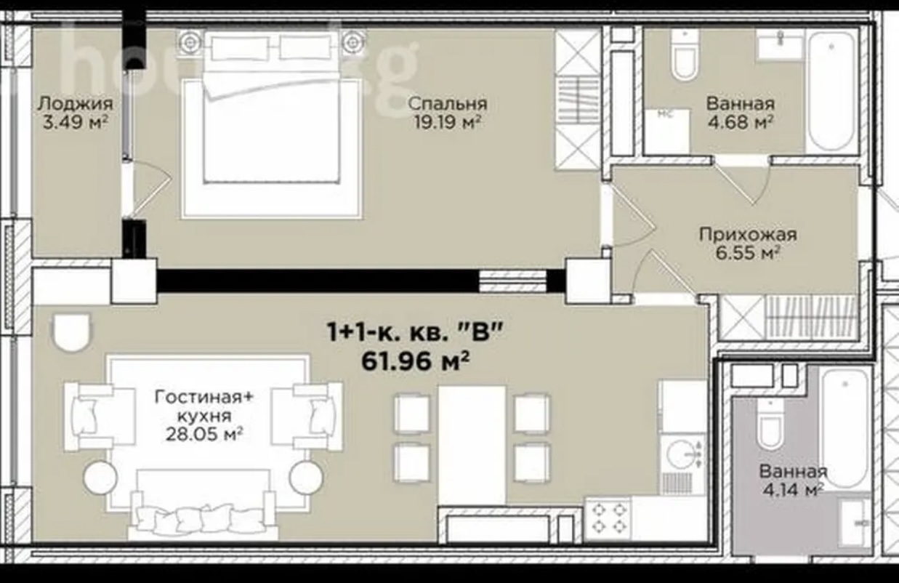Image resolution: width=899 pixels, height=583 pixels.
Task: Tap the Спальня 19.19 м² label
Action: pos(448,113)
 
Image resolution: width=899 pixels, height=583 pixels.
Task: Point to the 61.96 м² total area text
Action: pos(416,361)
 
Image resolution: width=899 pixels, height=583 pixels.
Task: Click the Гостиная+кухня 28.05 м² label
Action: pos(204,416)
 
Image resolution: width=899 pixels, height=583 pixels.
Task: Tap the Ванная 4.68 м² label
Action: pos(740,113)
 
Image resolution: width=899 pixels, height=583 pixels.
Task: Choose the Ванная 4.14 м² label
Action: pos(793,481)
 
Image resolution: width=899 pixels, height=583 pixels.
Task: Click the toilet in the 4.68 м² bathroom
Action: pos(685,54)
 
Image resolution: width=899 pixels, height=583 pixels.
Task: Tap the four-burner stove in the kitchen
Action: pos(608,518)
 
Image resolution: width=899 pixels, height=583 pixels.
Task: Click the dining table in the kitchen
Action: pos(472,445)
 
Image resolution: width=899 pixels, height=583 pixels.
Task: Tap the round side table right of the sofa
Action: pos(306,478)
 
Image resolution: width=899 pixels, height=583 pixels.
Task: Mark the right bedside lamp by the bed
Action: pos(354,41)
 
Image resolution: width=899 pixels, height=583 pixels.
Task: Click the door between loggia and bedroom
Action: pos(148,189)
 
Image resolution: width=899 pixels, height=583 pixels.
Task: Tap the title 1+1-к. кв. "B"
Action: pos(416,333)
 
